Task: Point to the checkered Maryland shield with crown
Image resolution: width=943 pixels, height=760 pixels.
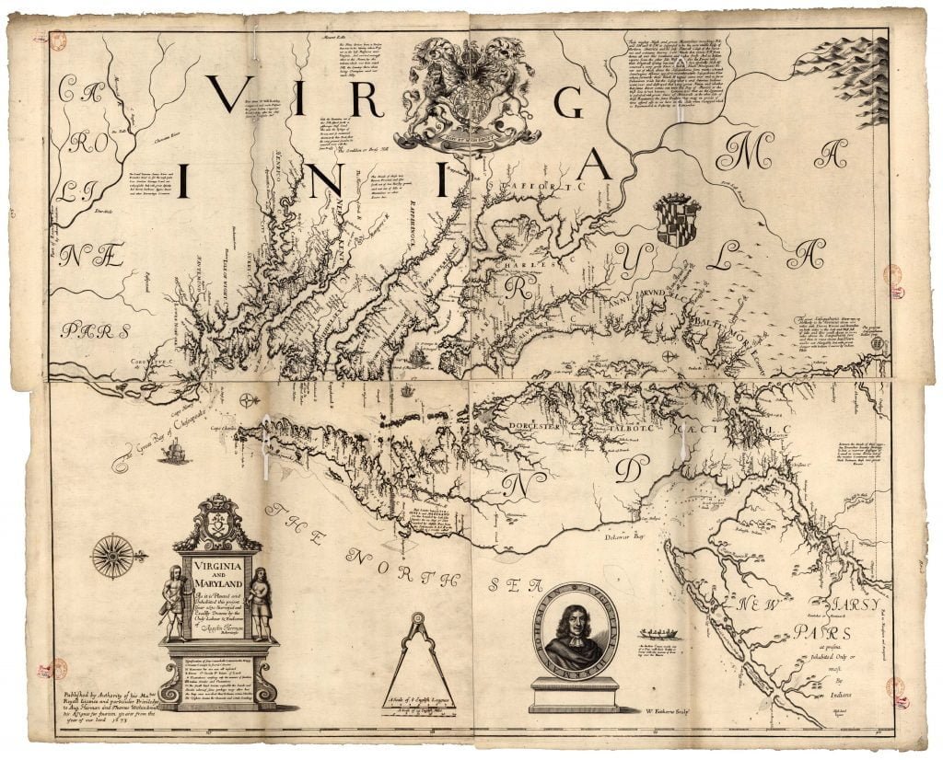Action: click(678, 221)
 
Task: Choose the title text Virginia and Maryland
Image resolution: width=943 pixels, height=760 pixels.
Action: click(218, 577)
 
